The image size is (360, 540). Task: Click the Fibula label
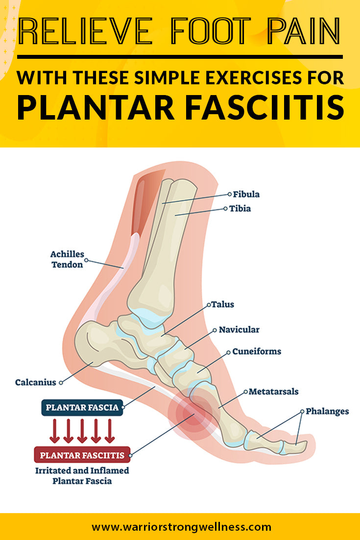pos(246,195)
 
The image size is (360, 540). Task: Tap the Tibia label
pos(240,209)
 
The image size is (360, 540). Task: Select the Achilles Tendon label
pos(67,260)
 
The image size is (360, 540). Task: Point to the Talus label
pos(223,304)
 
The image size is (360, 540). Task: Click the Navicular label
pos(239,330)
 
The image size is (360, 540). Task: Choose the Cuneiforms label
pos(256,352)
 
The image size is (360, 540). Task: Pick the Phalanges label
pos(327,411)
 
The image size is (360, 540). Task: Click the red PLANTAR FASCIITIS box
pos(82,455)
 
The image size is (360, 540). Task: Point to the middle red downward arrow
pos(82,431)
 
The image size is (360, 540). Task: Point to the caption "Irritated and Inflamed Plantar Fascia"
pos(82,475)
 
